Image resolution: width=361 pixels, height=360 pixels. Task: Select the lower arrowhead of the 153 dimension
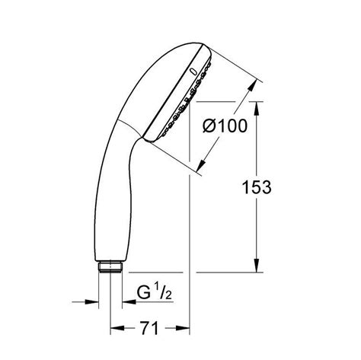[x=254, y=266]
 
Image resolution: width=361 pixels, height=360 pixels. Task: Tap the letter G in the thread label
[x=142, y=292]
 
